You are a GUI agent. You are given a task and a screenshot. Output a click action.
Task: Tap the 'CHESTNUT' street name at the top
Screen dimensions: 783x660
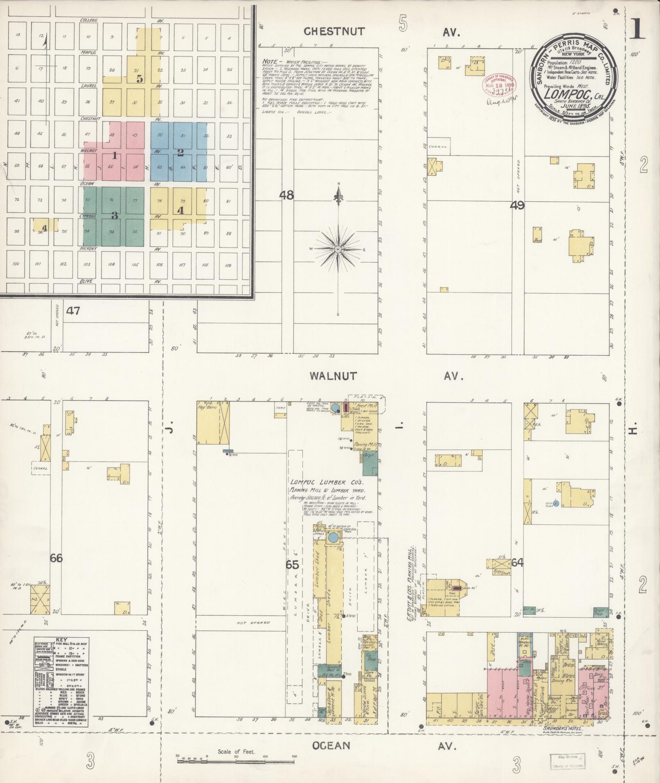[333, 32]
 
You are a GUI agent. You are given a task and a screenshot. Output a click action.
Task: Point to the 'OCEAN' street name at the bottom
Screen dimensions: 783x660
[331, 745]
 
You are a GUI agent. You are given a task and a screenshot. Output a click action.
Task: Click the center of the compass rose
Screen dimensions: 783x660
[338, 249]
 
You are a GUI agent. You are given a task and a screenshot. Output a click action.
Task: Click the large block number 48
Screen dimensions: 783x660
[286, 195]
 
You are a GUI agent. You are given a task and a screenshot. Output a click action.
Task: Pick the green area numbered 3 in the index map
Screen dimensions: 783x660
[115, 215]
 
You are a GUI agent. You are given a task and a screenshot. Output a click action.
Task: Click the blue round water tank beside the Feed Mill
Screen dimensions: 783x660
[335, 408]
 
